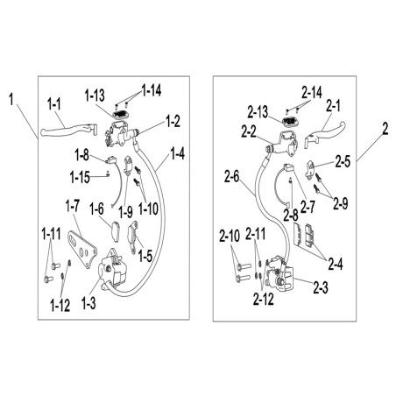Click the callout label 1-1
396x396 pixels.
tap(54, 104)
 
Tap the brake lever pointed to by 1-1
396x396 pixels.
tap(68, 130)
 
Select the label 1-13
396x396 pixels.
tap(95, 95)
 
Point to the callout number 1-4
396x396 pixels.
tap(178, 153)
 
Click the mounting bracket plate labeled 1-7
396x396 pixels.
tap(82, 250)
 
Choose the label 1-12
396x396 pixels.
tap(60, 306)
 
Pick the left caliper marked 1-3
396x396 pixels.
tap(111, 270)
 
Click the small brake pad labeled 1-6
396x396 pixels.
tap(115, 231)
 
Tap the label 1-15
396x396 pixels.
tap(80, 177)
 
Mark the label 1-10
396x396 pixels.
tap(148, 209)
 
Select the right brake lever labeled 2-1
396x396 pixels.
tap(325, 134)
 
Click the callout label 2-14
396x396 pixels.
tap(312, 93)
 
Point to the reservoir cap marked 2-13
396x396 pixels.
tap(289, 121)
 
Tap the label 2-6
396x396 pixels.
tap(232, 177)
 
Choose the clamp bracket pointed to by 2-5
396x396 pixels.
tap(309, 169)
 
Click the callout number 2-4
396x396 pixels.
tap(336, 264)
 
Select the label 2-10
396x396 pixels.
tap(230, 236)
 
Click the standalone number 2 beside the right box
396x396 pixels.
tap(385, 129)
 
